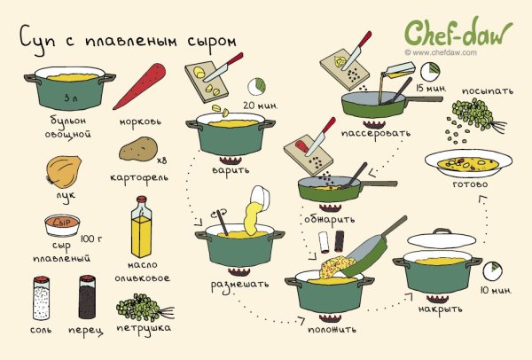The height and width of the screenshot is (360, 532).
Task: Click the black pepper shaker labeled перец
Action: pos(87,299)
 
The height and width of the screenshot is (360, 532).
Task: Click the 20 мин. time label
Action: pos(261,107)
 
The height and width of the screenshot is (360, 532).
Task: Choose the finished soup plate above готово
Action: pos(469,163)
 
